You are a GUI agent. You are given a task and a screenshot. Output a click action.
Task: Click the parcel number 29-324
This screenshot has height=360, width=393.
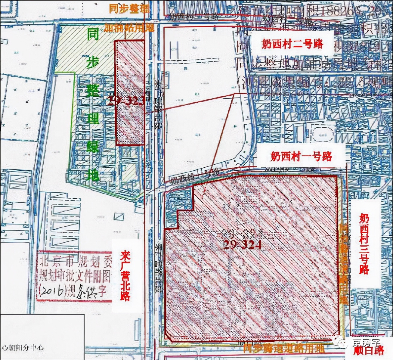(242, 245)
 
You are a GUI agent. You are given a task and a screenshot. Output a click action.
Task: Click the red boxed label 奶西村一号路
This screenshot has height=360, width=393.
(301, 156)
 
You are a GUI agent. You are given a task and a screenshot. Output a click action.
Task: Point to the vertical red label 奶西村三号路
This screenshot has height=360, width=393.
(364, 244)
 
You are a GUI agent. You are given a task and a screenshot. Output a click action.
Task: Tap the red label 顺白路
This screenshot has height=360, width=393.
(373, 350)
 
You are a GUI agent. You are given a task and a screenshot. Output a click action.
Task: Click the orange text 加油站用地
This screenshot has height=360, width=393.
(129, 27)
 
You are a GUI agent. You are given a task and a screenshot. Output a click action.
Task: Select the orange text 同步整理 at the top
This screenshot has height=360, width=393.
(129, 8)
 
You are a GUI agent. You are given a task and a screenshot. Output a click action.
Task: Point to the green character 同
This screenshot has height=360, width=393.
(93, 35)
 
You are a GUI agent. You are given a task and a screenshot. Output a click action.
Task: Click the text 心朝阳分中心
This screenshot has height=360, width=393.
(23, 347)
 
